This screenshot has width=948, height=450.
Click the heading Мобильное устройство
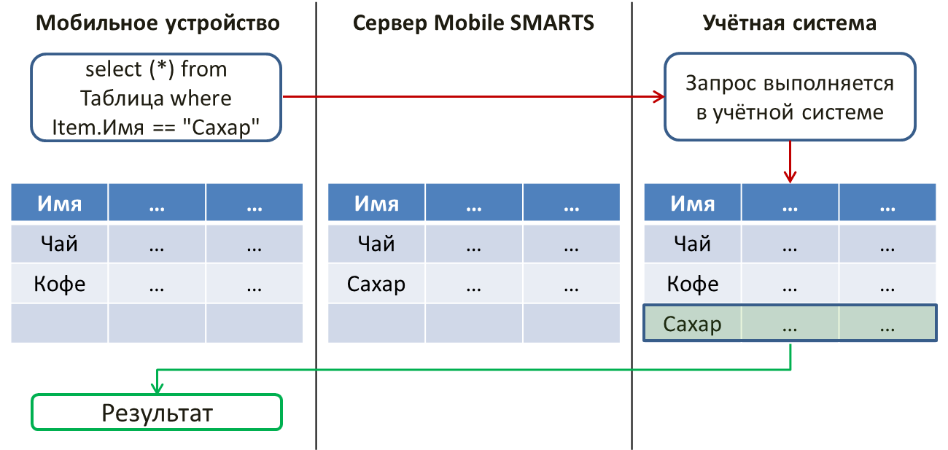[158, 23]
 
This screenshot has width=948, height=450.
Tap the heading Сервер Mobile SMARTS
[473, 23]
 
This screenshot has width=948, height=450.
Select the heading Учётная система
[790, 23]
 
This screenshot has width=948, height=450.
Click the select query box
[156, 97]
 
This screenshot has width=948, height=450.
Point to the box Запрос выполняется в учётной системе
[790, 97]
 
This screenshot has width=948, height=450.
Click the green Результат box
[157, 412]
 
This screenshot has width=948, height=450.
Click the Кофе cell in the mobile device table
[59, 284]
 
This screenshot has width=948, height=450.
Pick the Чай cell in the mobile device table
[59, 244]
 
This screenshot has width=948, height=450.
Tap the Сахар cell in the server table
[376, 284]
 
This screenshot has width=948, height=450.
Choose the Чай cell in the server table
[376, 244]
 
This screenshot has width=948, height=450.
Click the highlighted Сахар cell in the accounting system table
[692, 324]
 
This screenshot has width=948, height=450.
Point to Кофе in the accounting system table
[692, 284]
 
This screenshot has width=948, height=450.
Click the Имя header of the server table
[376, 202]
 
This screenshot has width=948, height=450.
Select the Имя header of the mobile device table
[59, 202]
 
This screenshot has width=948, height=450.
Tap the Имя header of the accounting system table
[692, 202]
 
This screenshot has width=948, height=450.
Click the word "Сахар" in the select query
[225, 127]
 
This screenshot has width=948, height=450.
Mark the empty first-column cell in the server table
[376, 323]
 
